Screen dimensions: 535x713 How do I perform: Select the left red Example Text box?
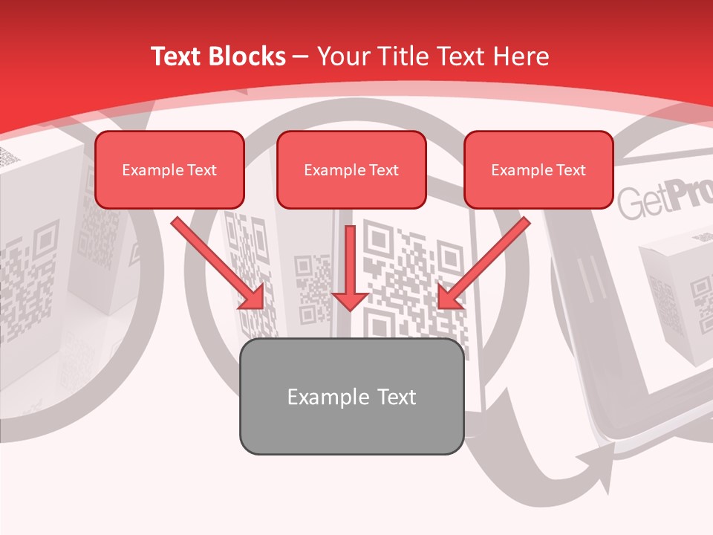click(x=169, y=169)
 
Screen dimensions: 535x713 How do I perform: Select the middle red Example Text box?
click(x=351, y=169)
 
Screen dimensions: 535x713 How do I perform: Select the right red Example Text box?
click(x=538, y=169)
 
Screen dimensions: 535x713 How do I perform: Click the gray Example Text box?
click(x=351, y=396)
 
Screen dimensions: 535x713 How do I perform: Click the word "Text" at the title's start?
click(x=177, y=56)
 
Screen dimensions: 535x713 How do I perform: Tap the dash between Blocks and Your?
click(x=301, y=56)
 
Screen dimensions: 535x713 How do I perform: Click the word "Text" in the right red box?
click(x=570, y=170)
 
